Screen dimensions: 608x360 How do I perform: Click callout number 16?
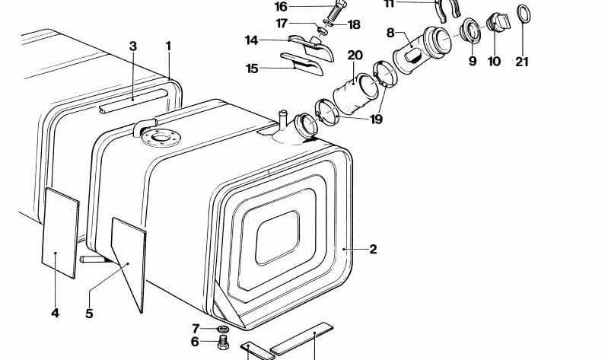[281, 7]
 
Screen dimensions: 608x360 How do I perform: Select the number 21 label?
[522, 62]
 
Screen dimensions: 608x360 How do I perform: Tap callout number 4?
[55, 313]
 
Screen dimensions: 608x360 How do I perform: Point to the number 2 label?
[373, 249]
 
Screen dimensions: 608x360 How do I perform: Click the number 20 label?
[355, 56]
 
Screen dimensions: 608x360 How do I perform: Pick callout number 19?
[376, 119]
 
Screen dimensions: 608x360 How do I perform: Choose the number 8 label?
[390, 33]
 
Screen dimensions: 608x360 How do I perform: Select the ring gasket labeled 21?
[524, 14]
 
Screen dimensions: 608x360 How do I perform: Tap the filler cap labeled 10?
[498, 22]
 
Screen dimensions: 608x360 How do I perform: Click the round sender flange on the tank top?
[161, 137]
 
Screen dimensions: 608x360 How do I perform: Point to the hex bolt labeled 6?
[222, 342]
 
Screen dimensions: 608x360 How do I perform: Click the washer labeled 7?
[221, 329]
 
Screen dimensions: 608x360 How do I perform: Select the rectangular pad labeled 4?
[60, 233]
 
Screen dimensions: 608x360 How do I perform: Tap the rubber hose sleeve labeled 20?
[355, 94]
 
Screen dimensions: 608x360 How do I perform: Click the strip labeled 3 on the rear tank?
[133, 100]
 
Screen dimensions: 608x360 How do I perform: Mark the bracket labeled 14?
[312, 46]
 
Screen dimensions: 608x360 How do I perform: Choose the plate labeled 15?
[301, 64]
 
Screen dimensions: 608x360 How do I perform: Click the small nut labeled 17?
[321, 30]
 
